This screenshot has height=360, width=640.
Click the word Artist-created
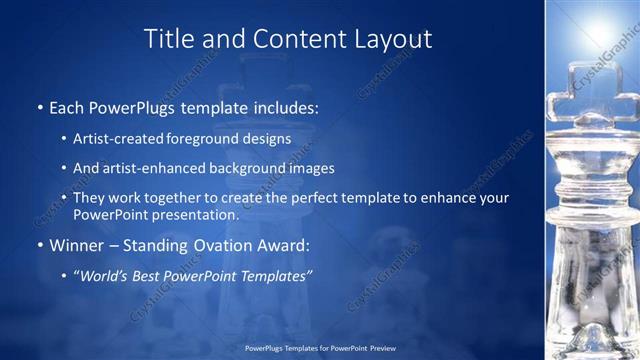[x=112, y=138]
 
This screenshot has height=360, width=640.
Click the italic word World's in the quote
[x=101, y=275]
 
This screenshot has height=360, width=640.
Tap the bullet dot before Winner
[x=39, y=245]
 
